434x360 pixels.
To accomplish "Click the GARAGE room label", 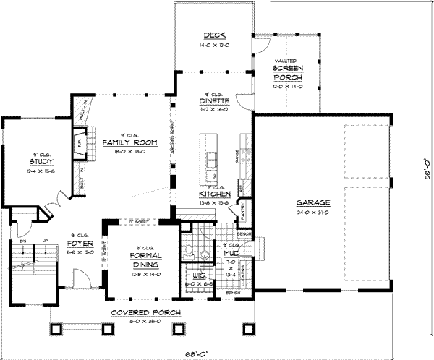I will point(312,204).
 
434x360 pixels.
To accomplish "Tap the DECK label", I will point(215,36).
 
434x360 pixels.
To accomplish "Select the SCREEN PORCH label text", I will point(288,72).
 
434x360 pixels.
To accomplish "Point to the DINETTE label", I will point(215,102).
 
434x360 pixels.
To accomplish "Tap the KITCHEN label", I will point(215,194).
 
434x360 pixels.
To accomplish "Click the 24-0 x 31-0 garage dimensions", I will point(312,212).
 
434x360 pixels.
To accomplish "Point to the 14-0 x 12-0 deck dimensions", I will point(215,44).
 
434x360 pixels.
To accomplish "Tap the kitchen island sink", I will point(212,158).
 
